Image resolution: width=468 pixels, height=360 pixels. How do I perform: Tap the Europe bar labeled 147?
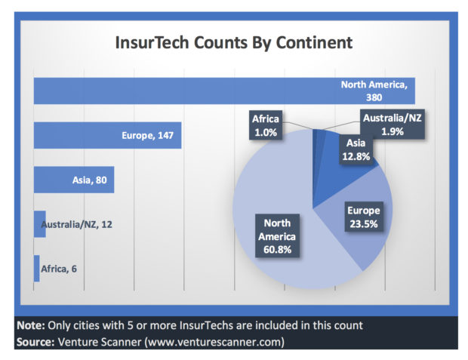75,135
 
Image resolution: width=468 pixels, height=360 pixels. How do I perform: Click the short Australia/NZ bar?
39,224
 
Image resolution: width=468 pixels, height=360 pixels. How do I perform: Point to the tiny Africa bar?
36,269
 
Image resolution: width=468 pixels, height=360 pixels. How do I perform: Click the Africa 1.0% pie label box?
265,125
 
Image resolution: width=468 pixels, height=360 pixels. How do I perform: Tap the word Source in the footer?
34,343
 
